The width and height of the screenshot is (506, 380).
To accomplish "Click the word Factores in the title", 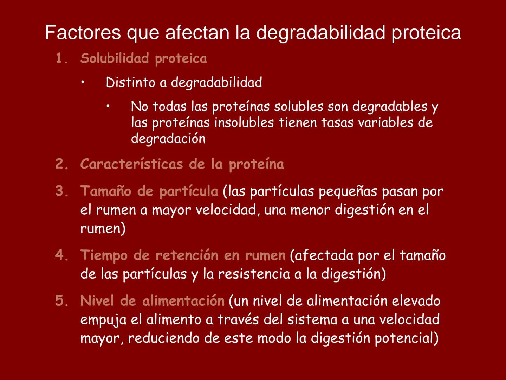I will (83, 33).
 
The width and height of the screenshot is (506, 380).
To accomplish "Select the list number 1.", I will (61, 58).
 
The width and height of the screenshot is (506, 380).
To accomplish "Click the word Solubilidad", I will (115, 58).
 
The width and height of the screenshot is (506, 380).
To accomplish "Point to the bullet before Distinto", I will (82, 83).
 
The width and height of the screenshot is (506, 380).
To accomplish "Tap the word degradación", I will (168, 139).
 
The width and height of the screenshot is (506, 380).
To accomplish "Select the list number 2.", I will (61, 164).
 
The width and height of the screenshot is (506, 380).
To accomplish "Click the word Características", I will (131, 164).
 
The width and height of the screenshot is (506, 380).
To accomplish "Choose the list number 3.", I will (61, 191).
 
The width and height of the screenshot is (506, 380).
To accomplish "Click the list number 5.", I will (61, 301).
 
